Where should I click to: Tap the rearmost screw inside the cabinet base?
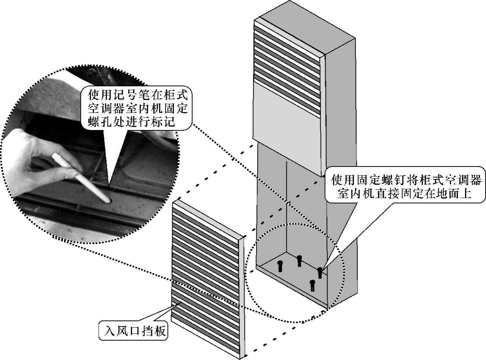pyautogui.click(x=299, y=260)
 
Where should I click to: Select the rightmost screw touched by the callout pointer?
pyautogui.click(x=320, y=272)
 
